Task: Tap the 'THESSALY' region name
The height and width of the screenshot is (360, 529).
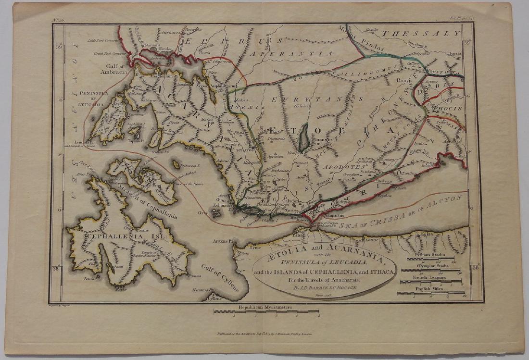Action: [x=421, y=34]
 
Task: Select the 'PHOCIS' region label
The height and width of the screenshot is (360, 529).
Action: [x=447, y=109]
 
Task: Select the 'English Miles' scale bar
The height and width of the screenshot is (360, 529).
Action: [x=430, y=292]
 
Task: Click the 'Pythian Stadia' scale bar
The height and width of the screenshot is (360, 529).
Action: [x=430, y=258]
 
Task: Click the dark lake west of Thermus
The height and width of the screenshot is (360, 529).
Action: [x=303, y=137]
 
